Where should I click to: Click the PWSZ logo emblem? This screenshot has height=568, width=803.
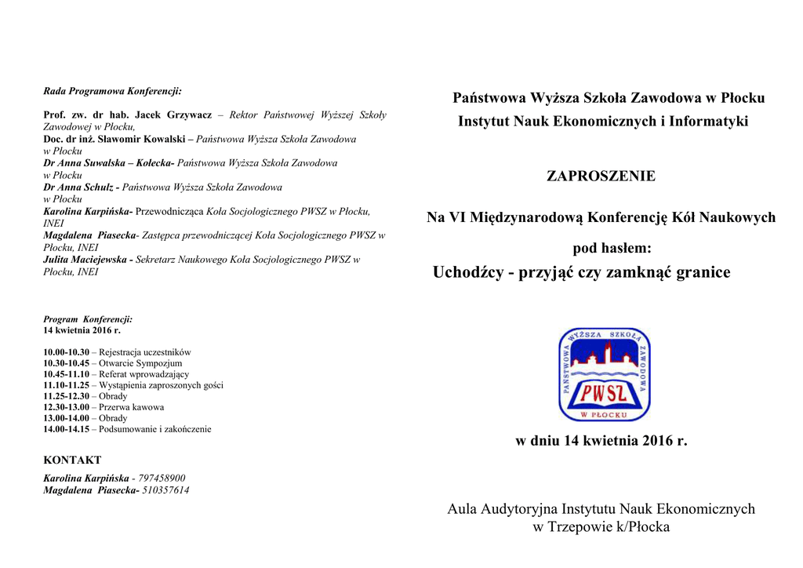tap(604, 374)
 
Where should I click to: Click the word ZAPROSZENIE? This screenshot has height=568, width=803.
tap(601, 177)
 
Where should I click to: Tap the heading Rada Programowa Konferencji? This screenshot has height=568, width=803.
tap(112, 91)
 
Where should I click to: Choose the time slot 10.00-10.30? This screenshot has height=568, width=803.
tap(66, 353)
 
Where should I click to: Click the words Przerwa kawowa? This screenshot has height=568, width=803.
tap(131, 407)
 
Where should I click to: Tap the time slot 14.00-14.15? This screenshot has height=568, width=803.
tap(66, 429)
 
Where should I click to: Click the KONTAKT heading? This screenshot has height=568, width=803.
tap(72, 461)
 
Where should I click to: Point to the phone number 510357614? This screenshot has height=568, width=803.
tap(165, 490)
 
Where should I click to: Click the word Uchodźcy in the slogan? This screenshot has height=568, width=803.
tap(467, 272)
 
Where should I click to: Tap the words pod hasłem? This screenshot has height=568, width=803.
tap(612, 248)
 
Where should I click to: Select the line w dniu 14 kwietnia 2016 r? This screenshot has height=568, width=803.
tap(601, 441)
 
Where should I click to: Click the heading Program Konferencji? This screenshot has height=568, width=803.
tap(88, 319)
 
